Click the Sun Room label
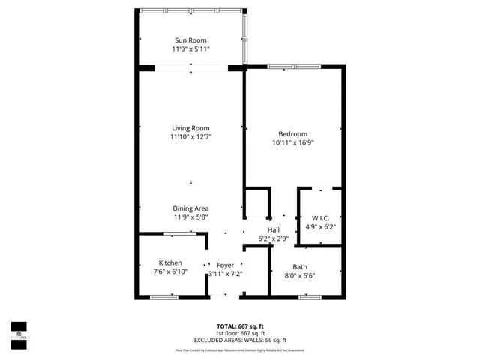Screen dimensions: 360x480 [190, 40]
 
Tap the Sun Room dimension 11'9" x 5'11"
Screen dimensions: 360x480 [190, 49]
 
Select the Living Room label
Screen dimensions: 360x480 [190, 128]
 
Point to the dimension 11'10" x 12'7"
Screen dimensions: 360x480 [190, 137]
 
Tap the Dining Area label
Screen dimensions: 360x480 [190, 208]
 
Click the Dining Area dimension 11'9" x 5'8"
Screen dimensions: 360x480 [190, 217]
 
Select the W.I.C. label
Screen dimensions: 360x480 [320, 219]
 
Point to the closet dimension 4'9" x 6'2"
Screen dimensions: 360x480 [320, 228]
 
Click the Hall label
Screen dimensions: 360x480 [274, 229]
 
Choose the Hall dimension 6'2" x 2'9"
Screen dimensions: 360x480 [274, 238]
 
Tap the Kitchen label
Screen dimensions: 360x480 [170, 262]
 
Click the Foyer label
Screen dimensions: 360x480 [225, 265]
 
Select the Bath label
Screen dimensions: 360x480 [300, 267]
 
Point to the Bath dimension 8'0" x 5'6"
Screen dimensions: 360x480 [300, 276]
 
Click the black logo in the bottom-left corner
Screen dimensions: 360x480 [19, 329]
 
